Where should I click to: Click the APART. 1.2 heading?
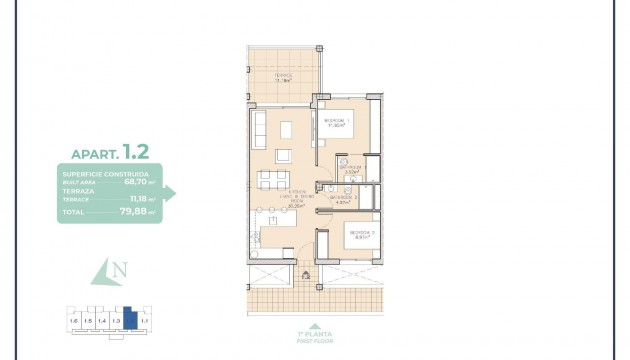pos(110,152)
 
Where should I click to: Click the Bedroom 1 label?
pos(336,124)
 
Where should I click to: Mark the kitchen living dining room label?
pos(296,197)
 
